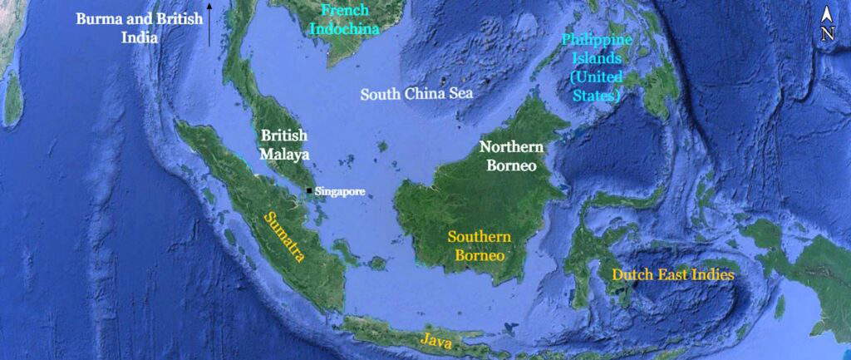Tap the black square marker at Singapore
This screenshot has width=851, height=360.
pos(309,190)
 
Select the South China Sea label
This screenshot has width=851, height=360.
pos(416,94)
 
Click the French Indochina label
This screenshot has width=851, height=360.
pos(344,20)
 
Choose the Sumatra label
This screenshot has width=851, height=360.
pos(284,237)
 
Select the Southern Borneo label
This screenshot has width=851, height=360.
pos(479,245)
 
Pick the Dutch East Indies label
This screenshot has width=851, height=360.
pos(673,274)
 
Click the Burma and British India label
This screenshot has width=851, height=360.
pos(139,27)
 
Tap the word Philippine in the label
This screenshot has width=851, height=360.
pos(597,40)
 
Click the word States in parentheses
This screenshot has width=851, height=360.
pos(597,96)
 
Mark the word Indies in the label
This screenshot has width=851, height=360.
pos(711,274)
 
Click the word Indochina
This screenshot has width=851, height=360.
pos(344,28)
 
